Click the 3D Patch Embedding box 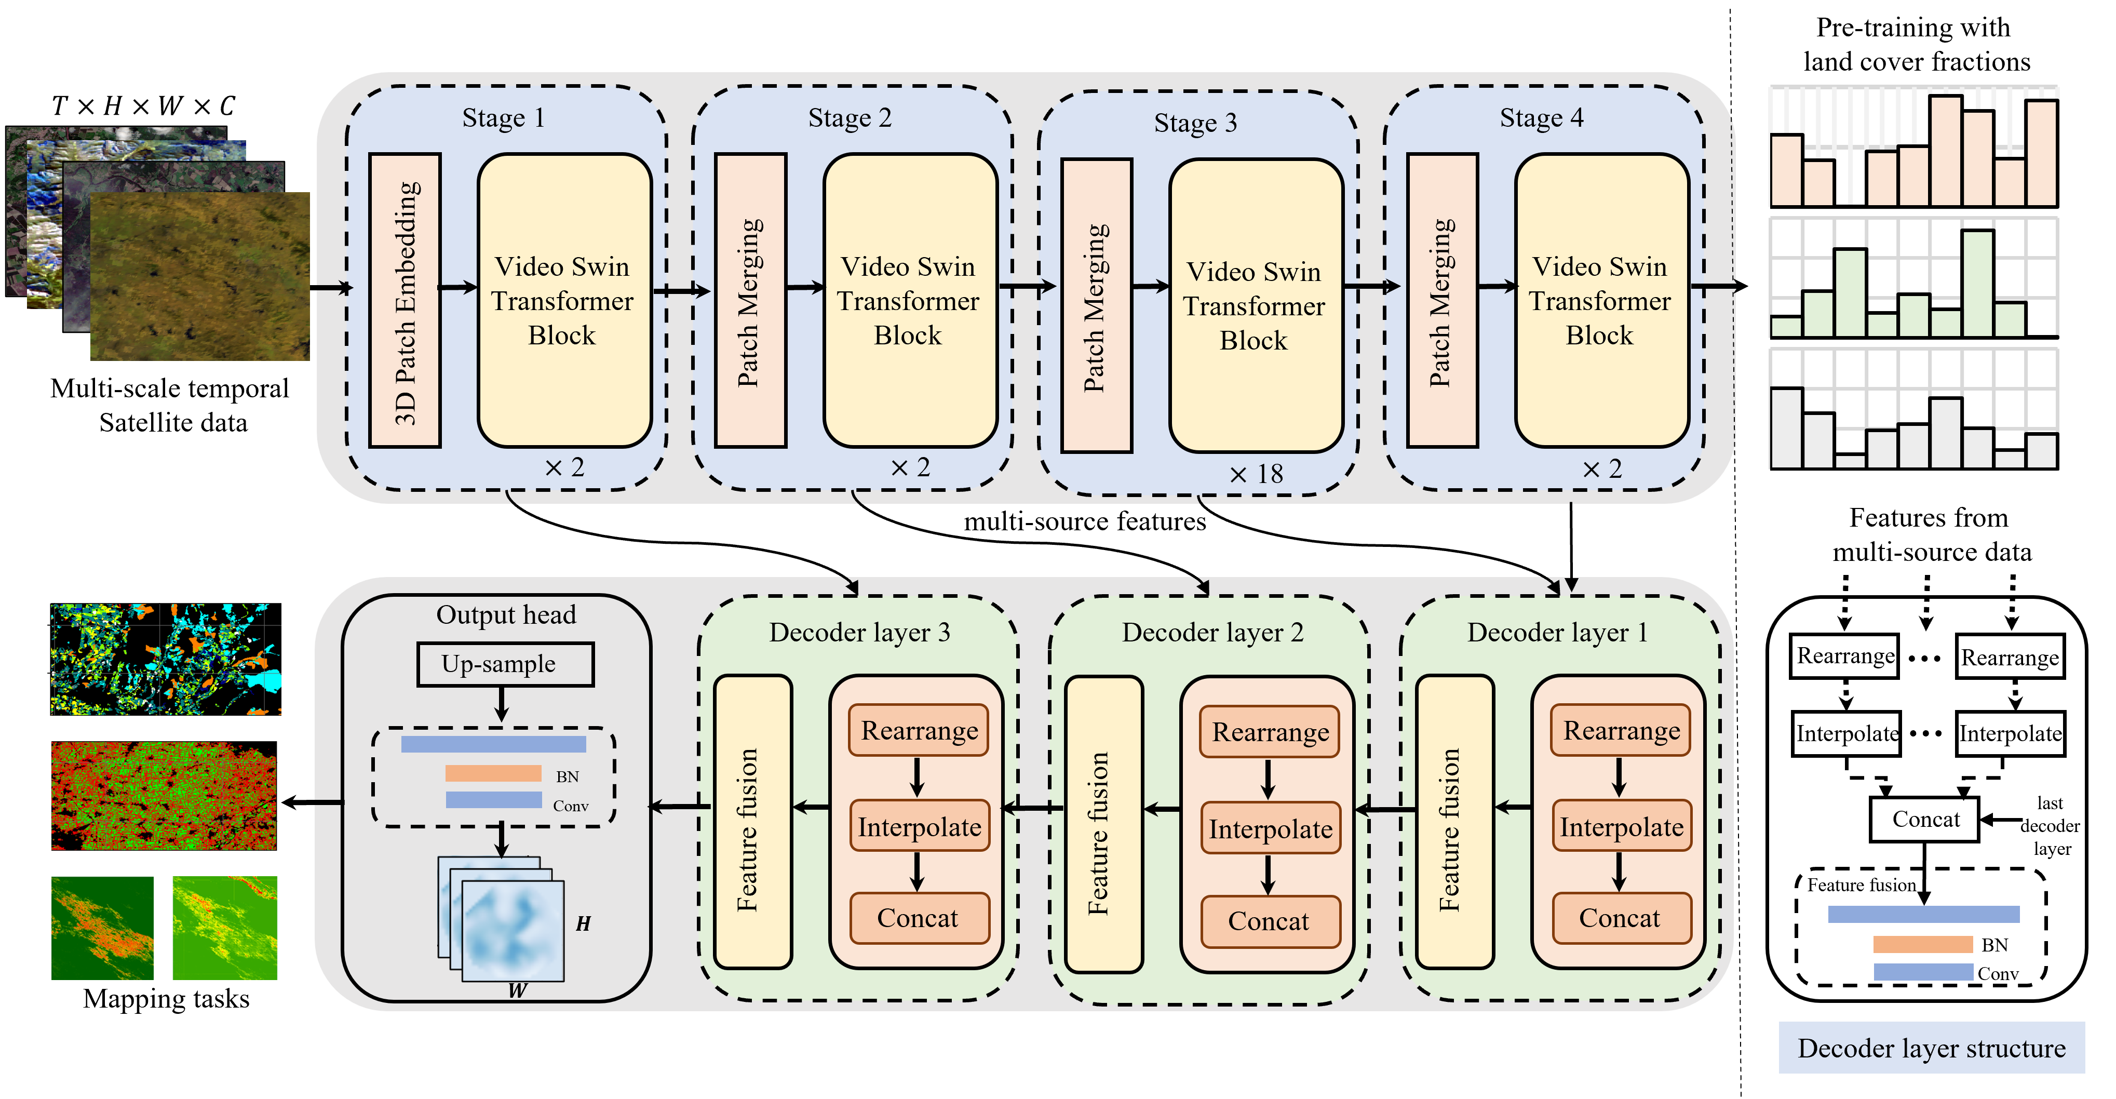click(405, 301)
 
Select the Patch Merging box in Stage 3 click(1097, 305)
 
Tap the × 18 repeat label click(1256, 474)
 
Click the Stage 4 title click(1541, 117)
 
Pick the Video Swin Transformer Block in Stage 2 click(909, 301)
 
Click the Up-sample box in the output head click(504, 664)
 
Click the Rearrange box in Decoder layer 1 click(1621, 730)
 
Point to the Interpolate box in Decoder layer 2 click(1270, 829)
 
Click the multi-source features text click(1084, 521)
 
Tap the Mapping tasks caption click(166, 999)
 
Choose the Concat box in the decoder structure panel click(1924, 819)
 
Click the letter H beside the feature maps click(583, 924)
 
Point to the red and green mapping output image click(164, 795)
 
